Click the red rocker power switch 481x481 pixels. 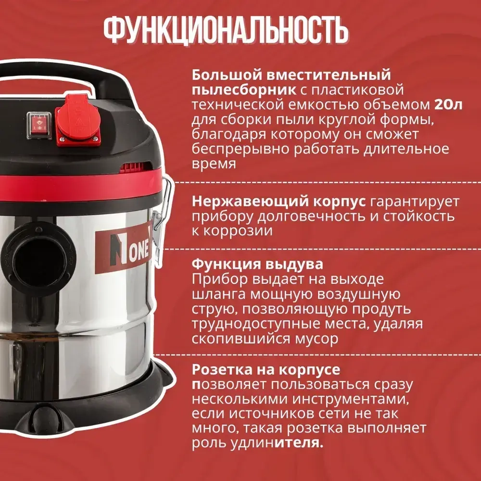pyautogui.click(x=37, y=123)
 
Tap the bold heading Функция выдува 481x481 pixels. pyautogui.click(x=257, y=265)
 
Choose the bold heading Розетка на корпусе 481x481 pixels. pyautogui.click(x=266, y=369)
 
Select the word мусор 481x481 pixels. pyautogui.click(x=315, y=338)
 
